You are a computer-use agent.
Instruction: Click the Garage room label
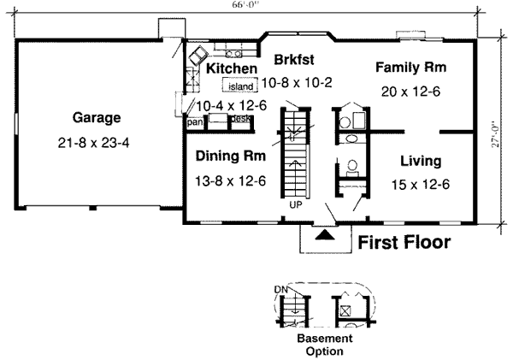(96, 117)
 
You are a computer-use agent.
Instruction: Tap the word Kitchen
(231, 68)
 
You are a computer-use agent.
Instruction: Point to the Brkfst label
(295, 60)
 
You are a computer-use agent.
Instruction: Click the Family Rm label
(411, 67)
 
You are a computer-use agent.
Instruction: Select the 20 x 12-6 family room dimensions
(410, 91)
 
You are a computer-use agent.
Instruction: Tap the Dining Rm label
(230, 156)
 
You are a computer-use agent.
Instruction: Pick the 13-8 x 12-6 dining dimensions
(230, 180)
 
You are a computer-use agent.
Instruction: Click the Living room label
(420, 161)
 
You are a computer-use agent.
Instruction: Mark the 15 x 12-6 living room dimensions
(420, 183)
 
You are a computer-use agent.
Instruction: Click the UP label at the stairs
(296, 206)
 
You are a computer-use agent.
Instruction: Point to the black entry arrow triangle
(325, 233)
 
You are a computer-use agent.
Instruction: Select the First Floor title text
(403, 243)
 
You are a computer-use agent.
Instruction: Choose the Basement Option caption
(325, 345)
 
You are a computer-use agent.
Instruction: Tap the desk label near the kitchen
(241, 119)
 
